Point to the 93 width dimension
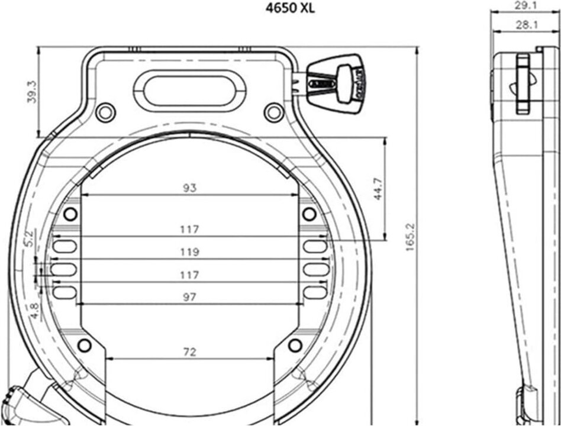[189, 188]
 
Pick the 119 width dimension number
[189, 252]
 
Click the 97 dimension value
[189, 298]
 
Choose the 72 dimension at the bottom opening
[189, 352]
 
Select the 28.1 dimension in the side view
[521, 25]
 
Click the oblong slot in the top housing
[189, 89]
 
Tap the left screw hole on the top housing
[105, 111]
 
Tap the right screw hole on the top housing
[273, 111]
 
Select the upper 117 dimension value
[189, 229]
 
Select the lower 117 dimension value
[189, 275]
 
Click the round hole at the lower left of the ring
[85, 345]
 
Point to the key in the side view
[523, 84]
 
